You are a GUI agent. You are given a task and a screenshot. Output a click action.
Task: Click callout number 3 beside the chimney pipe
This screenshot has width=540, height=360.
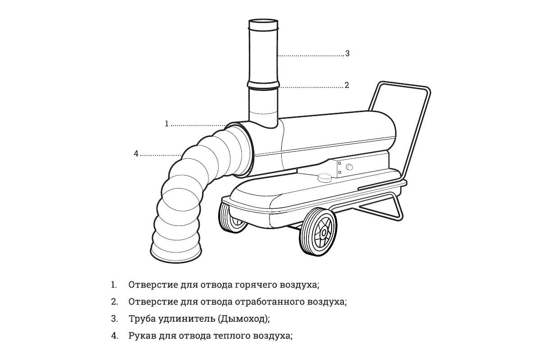click(x=347, y=53)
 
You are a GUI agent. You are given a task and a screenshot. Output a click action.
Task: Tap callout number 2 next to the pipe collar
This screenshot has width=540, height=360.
click(x=346, y=85)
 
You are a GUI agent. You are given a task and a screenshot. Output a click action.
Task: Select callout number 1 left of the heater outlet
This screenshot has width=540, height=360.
click(x=166, y=124)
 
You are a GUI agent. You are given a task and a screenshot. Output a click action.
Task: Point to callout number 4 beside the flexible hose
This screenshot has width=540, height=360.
click(x=136, y=153)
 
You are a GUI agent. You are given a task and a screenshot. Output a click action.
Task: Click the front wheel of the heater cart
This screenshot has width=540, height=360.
click(x=318, y=232)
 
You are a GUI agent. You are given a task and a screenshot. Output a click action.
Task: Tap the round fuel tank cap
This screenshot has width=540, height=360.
click(x=324, y=178)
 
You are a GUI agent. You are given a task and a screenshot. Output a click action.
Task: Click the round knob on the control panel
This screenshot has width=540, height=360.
click(x=349, y=167)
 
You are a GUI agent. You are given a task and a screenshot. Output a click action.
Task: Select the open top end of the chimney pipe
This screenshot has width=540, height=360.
click(x=263, y=22)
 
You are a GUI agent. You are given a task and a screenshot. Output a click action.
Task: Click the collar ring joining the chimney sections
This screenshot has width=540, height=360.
click(x=263, y=85)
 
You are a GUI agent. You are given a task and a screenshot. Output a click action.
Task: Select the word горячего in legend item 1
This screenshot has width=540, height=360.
click(x=256, y=285)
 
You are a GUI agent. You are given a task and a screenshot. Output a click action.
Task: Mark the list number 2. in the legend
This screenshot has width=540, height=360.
click(x=114, y=302)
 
